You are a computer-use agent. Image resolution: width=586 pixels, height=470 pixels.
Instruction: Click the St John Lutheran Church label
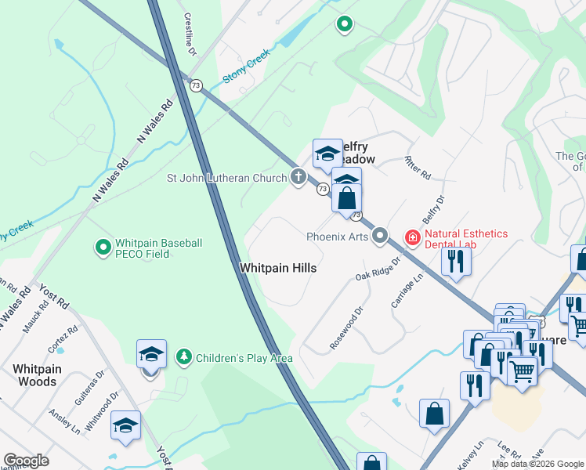(x=227, y=177)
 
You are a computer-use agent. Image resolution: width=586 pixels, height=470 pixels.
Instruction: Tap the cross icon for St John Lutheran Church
(x=298, y=177)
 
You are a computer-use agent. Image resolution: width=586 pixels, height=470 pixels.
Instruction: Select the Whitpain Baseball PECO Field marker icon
(x=102, y=248)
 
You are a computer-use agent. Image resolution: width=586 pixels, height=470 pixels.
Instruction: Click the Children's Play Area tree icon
(x=184, y=358)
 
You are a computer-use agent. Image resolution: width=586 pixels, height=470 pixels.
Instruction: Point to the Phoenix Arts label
(x=337, y=235)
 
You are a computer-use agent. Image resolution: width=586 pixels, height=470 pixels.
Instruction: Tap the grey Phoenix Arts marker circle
(x=381, y=235)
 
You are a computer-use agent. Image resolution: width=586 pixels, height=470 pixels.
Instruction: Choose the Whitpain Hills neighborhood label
(x=278, y=268)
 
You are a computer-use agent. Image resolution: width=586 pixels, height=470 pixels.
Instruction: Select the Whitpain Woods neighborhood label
(x=34, y=374)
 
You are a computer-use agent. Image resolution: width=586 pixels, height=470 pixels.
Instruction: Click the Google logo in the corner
(x=26, y=461)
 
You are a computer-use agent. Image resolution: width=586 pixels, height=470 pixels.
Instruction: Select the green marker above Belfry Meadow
(x=343, y=25)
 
